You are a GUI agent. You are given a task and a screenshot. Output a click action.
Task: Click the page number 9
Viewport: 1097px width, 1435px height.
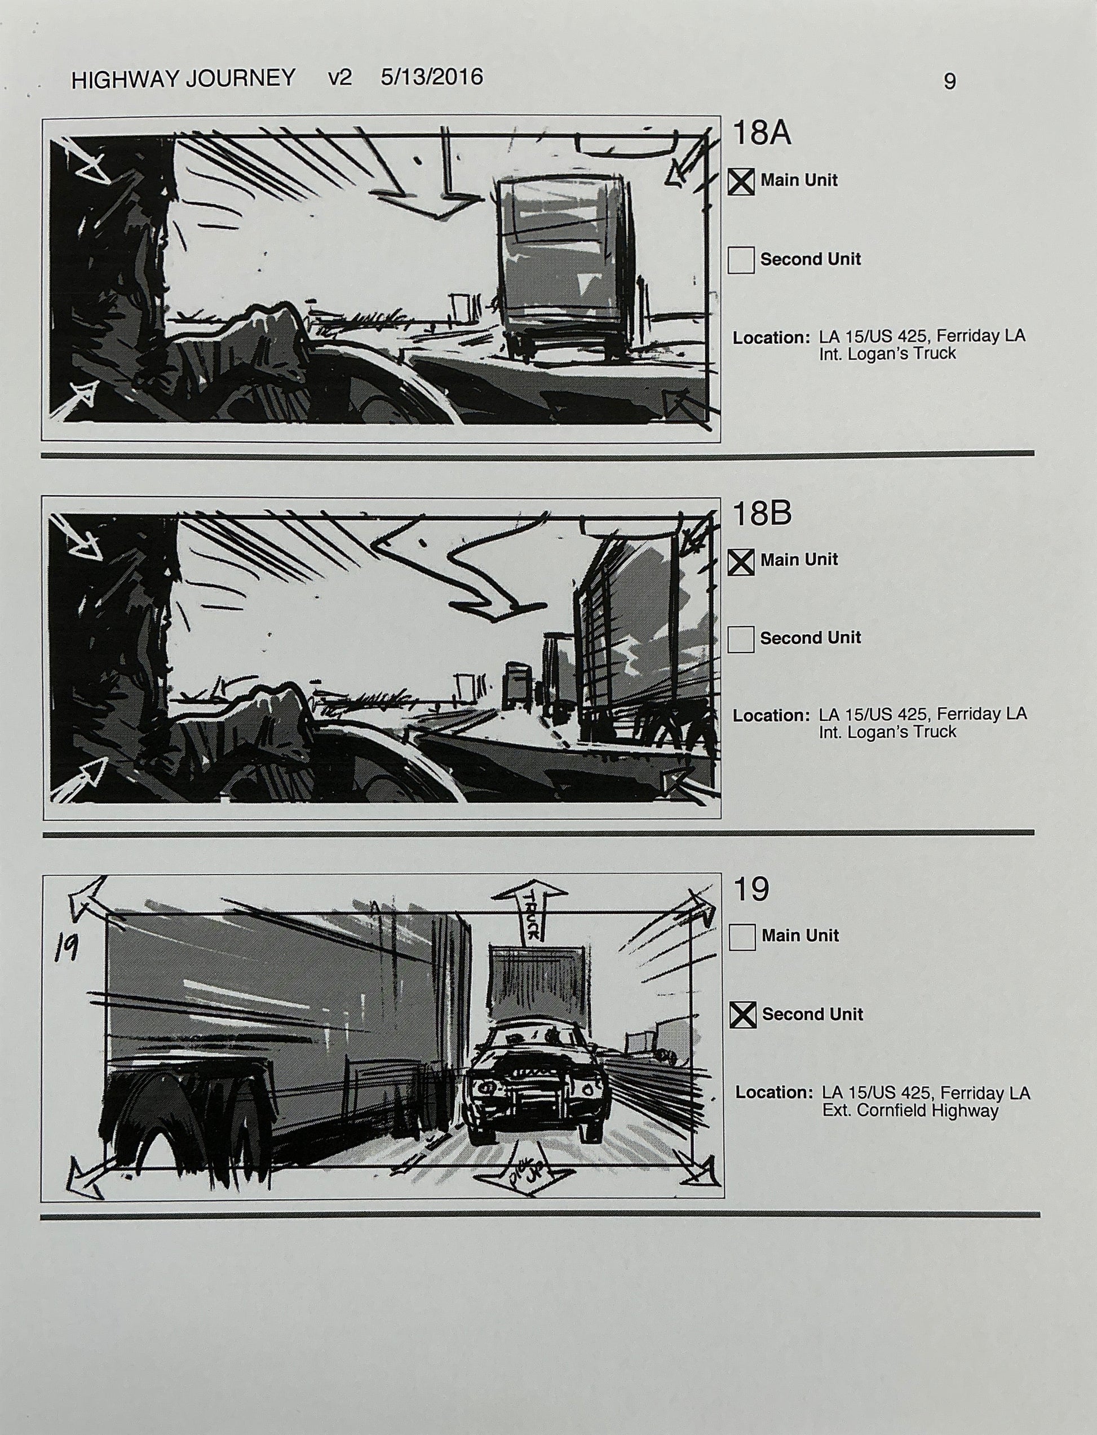pyautogui.click(x=949, y=81)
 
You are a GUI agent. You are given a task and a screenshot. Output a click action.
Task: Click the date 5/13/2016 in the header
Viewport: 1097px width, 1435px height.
pyautogui.click(x=432, y=77)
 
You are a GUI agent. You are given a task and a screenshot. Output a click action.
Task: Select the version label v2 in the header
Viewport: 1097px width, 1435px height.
pyautogui.click(x=339, y=78)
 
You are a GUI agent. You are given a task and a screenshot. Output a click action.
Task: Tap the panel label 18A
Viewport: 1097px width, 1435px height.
pyautogui.click(x=762, y=134)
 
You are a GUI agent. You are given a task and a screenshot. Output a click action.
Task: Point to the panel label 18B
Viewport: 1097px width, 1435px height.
pyautogui.click(x=762, y=514)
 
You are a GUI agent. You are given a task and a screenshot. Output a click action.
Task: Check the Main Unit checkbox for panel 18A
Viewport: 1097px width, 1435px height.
pyautogui.click(x=741, y=182)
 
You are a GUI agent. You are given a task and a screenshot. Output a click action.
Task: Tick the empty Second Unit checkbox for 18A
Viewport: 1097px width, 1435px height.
pyautogui.click(x=741, y=260)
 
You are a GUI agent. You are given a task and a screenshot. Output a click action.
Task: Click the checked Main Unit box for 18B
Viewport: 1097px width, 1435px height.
pyautogui.click(x=741, y=561)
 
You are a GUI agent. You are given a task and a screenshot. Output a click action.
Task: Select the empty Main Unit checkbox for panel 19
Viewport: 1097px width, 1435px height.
pyautogui.click(x=742, y=937)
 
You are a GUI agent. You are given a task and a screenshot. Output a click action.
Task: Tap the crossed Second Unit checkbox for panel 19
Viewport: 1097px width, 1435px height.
pyautogui.click(x=743, y=1015)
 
